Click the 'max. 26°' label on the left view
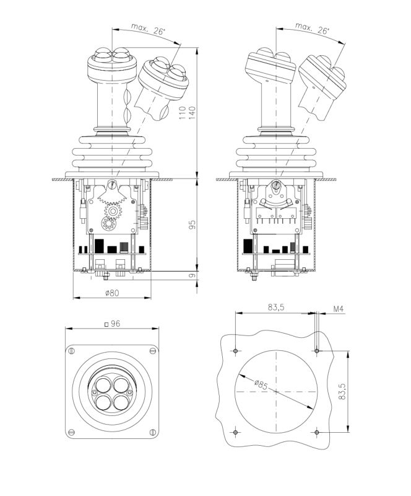click(x=146, y=29)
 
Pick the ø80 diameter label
click(x=112, y=293)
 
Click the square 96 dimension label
click(x=112, y=324)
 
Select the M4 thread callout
click(x=339, y=308)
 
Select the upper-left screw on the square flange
click(x=72, y=352)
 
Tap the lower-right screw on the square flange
click(x=151, y=432)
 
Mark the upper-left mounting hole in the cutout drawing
click(x=236, y=352)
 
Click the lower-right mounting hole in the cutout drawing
click(x=316, y=432)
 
